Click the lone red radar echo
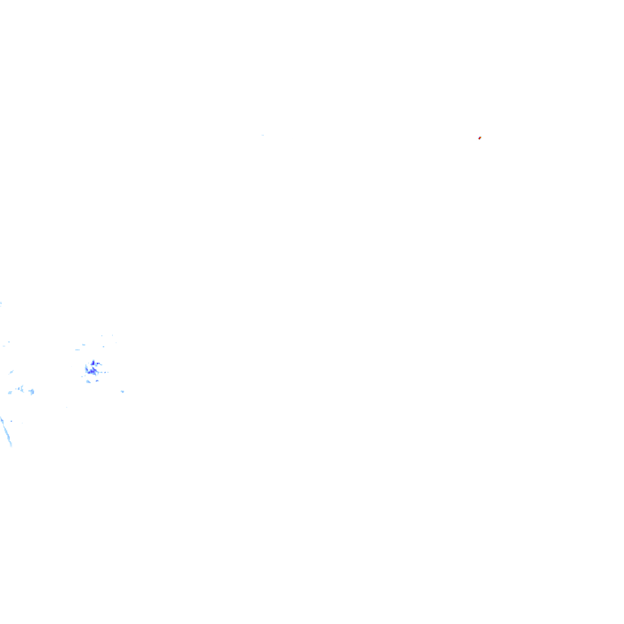(x=480, y=138)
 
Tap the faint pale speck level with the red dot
(x=263, y=135)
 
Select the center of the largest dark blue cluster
(x=91, y=372)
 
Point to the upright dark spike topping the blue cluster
(x=93, y=363)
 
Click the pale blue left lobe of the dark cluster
(x=86, y=369)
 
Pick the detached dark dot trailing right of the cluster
(x=105, y=372)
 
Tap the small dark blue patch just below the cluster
(x=97, y=381)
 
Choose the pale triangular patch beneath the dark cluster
(x=88, y=381)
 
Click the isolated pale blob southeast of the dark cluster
(x=122, y=391)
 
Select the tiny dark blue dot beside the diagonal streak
(x=11, y=421)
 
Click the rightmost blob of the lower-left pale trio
(x=32, y=391)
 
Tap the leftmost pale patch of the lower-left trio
(x=10, y=392)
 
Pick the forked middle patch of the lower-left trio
(x=21, y=389)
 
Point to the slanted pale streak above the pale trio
(x=11, y=372)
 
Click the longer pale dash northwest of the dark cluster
(x=77, y=350)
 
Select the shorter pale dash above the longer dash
(x=83, y=345)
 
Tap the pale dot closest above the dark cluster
(x=104, y=347)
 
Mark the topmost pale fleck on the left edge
(x=1, y=303)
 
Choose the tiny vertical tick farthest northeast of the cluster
(x=112, y=335)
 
